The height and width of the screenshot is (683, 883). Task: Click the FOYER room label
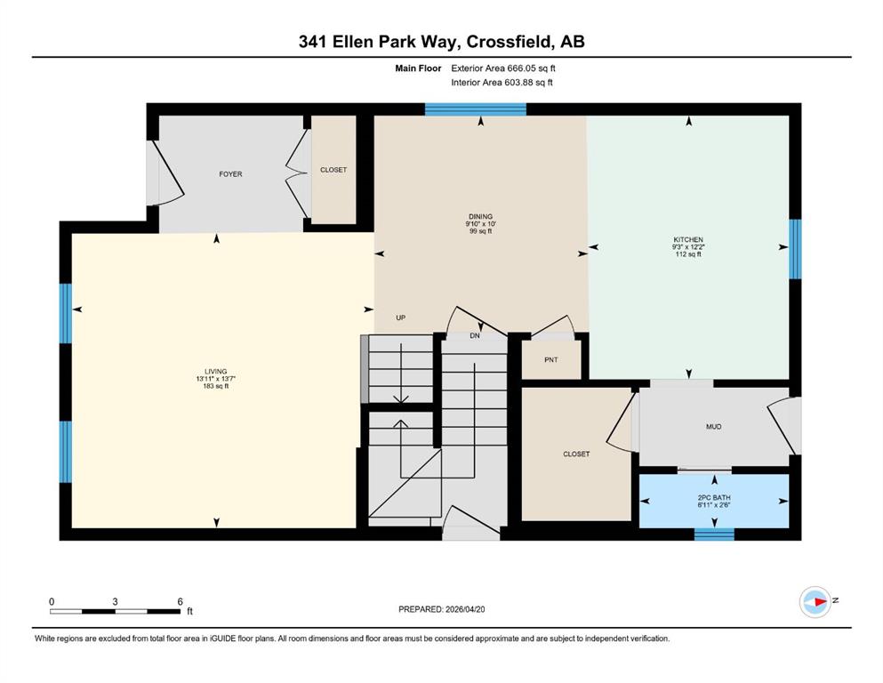coord(230,174)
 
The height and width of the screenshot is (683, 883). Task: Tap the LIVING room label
coord(216,372)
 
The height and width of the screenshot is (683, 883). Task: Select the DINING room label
coord(480,217)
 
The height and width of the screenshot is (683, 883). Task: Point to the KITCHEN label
coord(688,240)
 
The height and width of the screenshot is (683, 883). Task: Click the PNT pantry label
coord(551,360)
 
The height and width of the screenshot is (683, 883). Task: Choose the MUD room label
coord(713,427)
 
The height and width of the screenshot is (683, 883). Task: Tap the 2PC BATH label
coord(714,498)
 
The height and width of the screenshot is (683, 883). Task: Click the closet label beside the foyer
coord(333,170)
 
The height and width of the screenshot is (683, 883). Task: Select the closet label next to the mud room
coord(576,454)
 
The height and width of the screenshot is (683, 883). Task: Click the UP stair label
coord(400,317)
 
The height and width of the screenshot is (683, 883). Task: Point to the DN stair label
coord(475,335)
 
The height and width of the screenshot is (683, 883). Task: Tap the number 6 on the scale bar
coord(181,601)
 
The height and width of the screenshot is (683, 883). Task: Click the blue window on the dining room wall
coord(475,109)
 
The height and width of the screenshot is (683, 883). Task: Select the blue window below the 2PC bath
coord(714,534)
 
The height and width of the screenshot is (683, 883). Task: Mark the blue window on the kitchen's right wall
coord(795,249)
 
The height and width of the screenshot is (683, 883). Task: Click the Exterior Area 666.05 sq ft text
coord(503,68)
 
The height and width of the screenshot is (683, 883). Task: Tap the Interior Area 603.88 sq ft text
coord(502,82)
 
